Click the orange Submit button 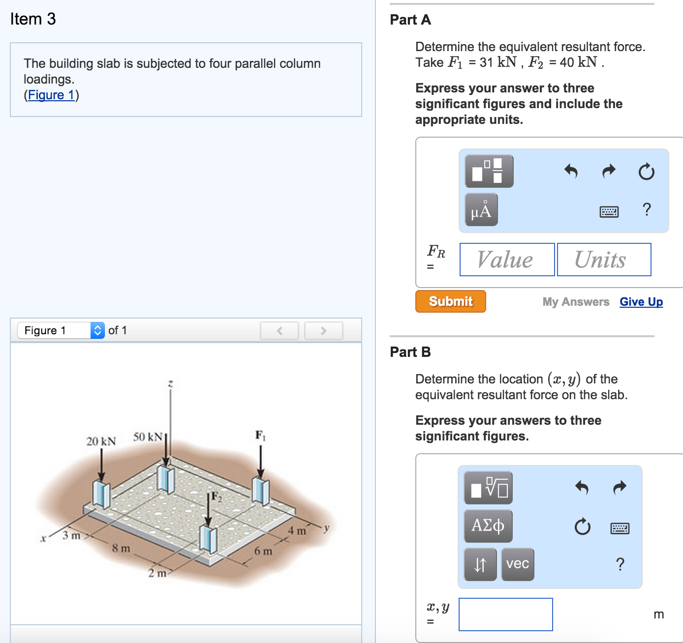tap(450, 301)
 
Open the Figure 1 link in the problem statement tap(51, 95)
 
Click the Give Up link tap(641, 302)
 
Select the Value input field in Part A tap(507, 260)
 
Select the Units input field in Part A tap(604, 260)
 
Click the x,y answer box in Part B tap(505, 614)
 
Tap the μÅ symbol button tap(481, 210)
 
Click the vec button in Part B tap(518, 564)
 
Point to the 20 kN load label tap(101, 441)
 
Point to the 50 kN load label tap(148, 437)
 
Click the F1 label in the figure tap(260, 435)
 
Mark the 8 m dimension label tap(121, 548)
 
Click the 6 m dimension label tap(263, 551)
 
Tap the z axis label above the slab tap(170, 383)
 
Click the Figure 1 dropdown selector tap(61, 330)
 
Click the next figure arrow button tap(323, 331)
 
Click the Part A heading tap(410, 20)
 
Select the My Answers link tap(576, 302)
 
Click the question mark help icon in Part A tap(647, 209)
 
